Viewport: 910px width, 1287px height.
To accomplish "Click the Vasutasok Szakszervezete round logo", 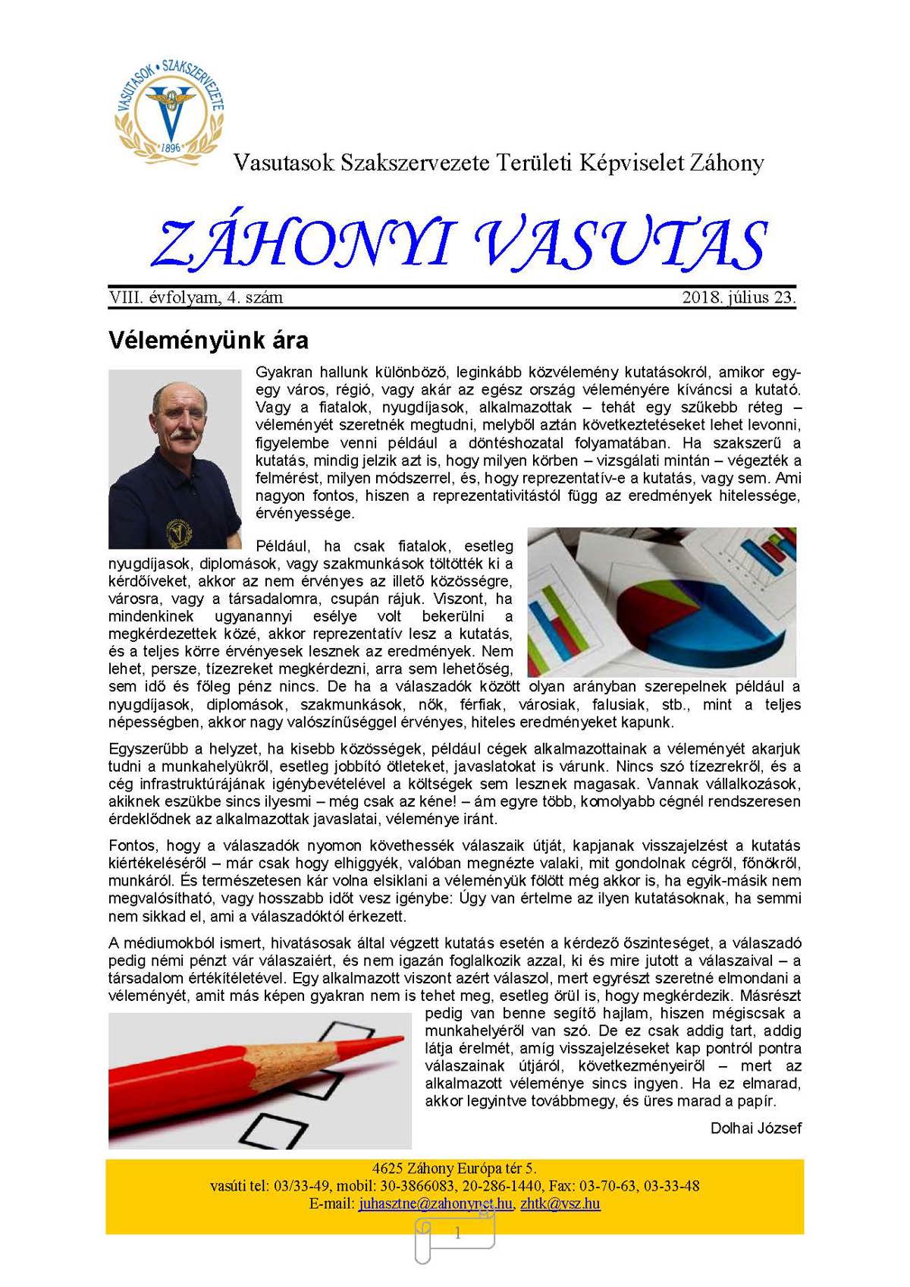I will pos(170,109).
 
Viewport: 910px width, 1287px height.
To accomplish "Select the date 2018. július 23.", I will pos(739,297).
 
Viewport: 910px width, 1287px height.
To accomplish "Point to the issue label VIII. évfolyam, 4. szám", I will pos(196,297).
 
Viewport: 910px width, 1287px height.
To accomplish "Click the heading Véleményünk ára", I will pos(209,340).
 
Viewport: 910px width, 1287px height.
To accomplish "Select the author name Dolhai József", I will pos(755,1128).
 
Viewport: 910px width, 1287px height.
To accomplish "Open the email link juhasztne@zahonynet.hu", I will pos(436,1204).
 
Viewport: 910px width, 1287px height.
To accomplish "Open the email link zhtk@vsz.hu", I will pos(560,1204).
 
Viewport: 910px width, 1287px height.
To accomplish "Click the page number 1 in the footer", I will pos(457,1234).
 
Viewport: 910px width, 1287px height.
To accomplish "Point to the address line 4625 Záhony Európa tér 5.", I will pos(454,1169).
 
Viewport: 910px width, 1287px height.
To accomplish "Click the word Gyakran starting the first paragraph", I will pos(284,373).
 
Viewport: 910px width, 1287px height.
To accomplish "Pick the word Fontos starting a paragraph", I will pos(133,845).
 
